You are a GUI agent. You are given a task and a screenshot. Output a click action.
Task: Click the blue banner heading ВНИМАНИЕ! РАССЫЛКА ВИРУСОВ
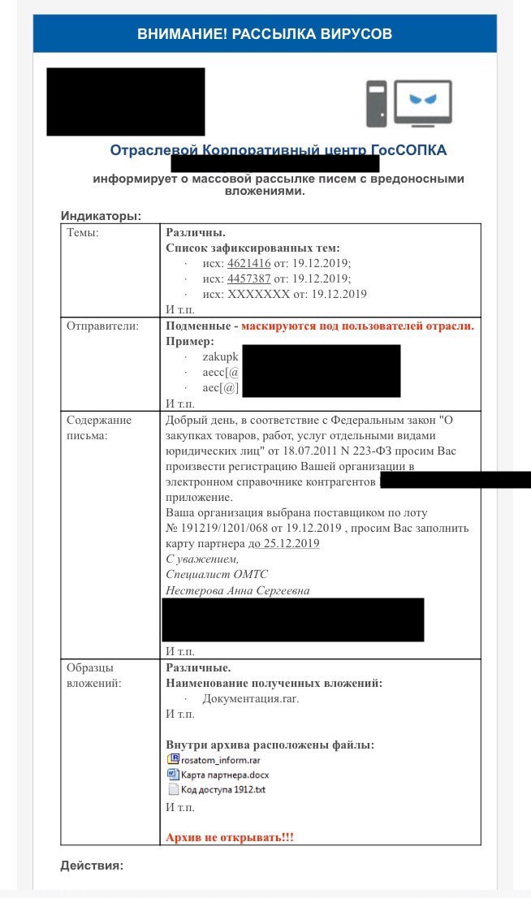coord(265,33)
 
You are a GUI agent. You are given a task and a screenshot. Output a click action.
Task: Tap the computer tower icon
coord(376,103)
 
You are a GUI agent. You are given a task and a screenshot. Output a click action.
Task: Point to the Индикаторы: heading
coord(101,216)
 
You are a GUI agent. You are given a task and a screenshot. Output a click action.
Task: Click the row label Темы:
coord(83,233)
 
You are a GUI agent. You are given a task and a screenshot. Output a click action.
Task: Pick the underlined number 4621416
coord(248,264)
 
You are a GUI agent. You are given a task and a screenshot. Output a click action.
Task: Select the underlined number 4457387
coord(248,278)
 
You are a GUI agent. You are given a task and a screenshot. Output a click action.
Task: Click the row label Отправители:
coord(103,326)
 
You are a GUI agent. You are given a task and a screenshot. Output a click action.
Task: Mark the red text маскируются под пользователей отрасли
coord(357,326)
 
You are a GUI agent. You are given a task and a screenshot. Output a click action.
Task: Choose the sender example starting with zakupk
coord(220,357)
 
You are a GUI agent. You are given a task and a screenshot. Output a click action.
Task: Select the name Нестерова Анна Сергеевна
coord(237,590)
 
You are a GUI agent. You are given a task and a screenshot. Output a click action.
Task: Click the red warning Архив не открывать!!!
coord(230,837)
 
